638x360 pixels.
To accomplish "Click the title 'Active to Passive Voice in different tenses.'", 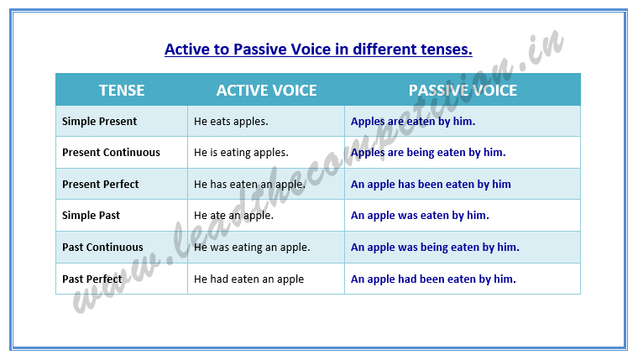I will pos(318,49).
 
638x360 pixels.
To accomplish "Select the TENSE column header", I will pos(122,90).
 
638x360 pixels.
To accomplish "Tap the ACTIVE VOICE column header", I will pos(266,90).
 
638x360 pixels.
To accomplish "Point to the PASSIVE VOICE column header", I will pos(463,90).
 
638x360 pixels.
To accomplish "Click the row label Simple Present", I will pos(99,122).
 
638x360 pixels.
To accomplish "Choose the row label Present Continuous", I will pos(111,153).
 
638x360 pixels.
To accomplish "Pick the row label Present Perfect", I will pos(101,185).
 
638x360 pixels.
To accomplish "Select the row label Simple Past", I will pos(91,216).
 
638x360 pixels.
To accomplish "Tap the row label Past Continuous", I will pos(102,248).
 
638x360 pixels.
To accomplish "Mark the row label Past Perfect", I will pos(92,279).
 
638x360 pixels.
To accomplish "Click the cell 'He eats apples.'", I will pos(231,122).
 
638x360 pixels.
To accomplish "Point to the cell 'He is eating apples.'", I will pos(241,153).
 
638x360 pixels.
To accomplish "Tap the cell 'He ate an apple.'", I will pos(233,216).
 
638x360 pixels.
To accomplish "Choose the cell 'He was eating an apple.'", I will pos(252,248).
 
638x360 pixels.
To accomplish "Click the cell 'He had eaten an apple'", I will pos(248,279).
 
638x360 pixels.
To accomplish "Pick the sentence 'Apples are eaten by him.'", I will pos(413,122).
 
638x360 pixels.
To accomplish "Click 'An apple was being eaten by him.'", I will pos(435,248).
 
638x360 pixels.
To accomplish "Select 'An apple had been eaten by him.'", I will pos(433,279).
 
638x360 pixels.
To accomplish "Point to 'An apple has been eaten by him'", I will pos(431,185).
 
